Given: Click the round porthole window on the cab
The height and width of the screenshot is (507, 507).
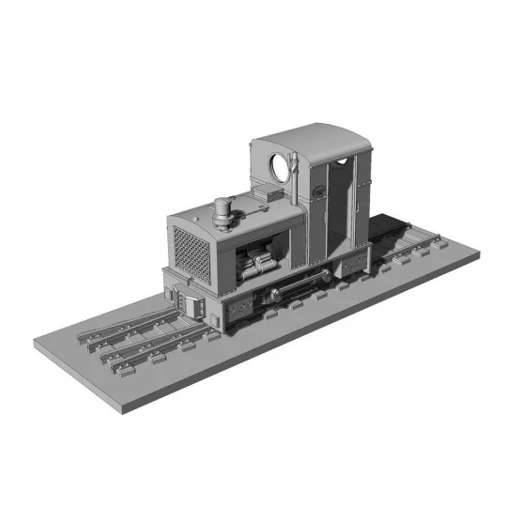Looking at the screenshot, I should coord(280,170).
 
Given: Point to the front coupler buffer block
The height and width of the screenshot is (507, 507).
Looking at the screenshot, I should coord(193,302).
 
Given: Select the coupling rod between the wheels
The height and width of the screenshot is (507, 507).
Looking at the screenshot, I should coord(296,284).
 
